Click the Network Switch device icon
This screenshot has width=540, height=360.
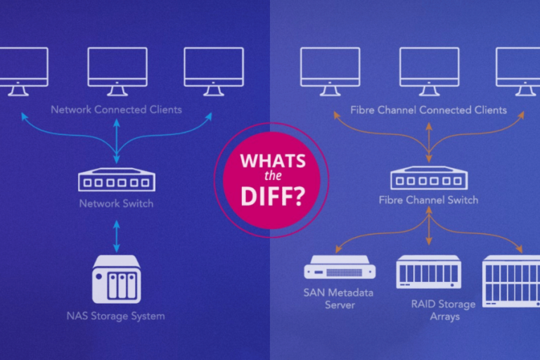pos(117,181)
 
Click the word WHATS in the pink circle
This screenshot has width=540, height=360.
pos(273,160)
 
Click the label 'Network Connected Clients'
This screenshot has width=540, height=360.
pos(116,110)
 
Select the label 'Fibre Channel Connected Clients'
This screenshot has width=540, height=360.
pos(428,110)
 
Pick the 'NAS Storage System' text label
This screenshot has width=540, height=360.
pos(117,316)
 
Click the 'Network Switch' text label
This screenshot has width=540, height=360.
pos(117,204)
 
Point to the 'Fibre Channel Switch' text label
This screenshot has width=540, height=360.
pos(428,200)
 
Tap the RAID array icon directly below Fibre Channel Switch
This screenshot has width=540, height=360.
pos(428,272)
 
